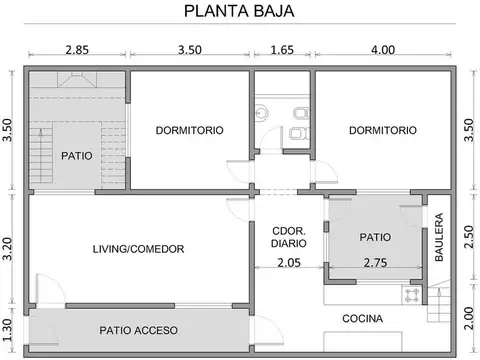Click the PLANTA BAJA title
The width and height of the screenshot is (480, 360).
pyautogui.click(x=239, y=12)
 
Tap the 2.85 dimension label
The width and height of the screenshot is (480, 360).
pyautogui.click(x=76, y=50)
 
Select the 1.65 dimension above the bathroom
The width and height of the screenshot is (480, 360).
pyautogui.click(x=282, y=50)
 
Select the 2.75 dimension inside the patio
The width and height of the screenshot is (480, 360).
pyautogui.click(x=375, y=263)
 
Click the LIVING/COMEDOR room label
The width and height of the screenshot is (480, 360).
pyautogui.click(x=139, y=249)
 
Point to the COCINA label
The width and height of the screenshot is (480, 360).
pyautogui.click(x=362, y=318)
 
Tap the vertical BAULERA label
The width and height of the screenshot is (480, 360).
pyautogui.click(x=438, y=237)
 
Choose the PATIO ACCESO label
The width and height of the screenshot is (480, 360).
pyautogui.click(x=139, y=330)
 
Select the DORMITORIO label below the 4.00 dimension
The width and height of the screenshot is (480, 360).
pyautogui.click(x=383, y=130)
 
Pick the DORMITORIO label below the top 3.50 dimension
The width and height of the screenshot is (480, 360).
pyautogui.click(x=189, y=130)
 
